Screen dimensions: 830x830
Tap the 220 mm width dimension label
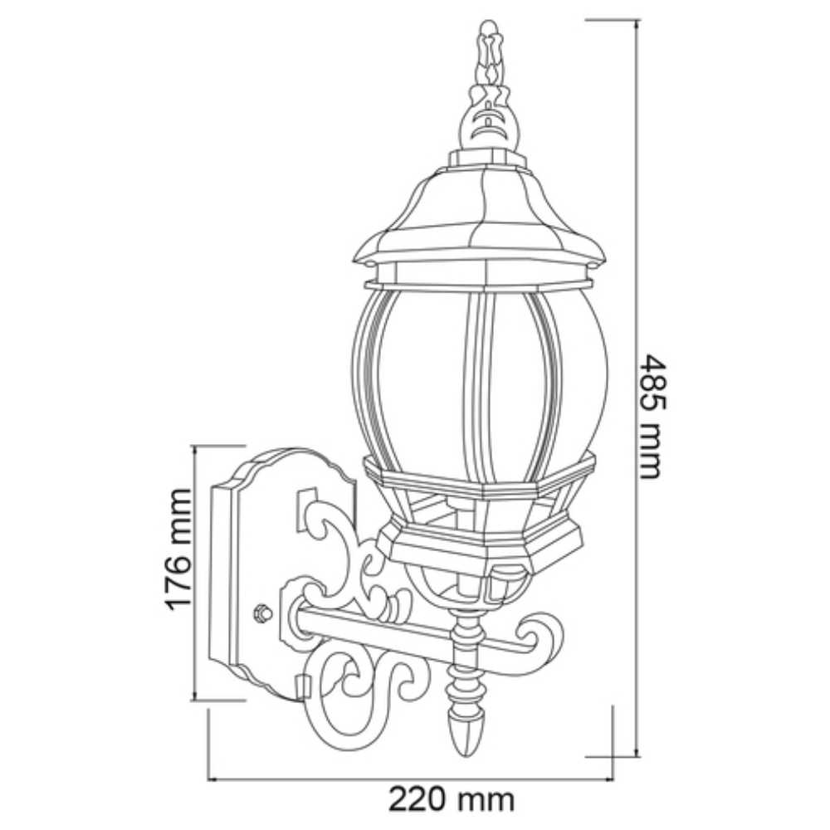[x=452, y=799]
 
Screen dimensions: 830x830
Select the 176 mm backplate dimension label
[x=178, y=549]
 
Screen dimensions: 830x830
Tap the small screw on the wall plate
[x=263, y=613]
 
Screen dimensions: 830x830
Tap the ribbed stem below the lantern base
[x=467, y=664]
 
